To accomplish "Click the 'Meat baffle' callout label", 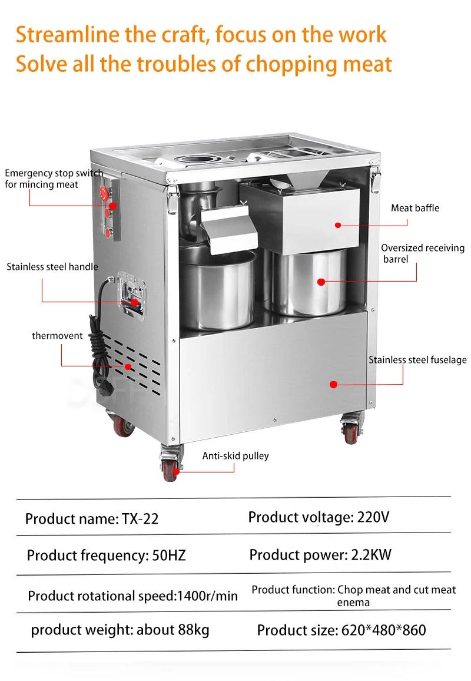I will tap(415, 208).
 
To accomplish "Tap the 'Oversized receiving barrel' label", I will tap(422, 253).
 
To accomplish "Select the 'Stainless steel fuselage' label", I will tap(417, 359).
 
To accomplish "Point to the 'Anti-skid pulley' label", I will tap(235, 455).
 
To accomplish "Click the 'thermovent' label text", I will tap(57, 335).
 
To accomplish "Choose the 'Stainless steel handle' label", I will tap(52, 266).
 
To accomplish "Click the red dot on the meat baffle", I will tap(338, 224).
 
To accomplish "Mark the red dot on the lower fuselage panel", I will tap(333, 384).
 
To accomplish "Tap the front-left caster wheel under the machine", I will tap(170, 469).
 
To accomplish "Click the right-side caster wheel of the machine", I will tap(351, 432).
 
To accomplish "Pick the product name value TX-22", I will tap(140, 519).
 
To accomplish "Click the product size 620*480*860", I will tap(383, 630).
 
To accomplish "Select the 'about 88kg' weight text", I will tap(173, 630).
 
